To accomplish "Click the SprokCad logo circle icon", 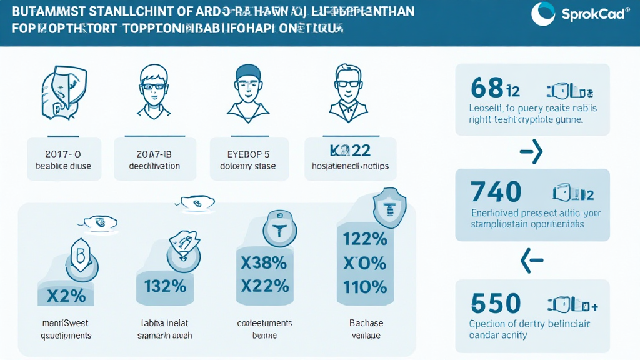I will coord(543,14).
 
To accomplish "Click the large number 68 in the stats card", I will coord(487,88).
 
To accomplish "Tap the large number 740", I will coord(496,191).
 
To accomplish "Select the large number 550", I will coord(496,304).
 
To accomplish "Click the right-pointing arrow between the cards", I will coord(532,152).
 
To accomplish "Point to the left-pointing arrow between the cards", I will coord(532,259).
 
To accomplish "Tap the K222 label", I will coord(350,151).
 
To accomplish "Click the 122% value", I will coord(366,238).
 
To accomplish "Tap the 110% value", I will coord(366,287).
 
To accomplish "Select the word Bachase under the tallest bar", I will coord(366,323).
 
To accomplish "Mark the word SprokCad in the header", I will coord(593,14).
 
